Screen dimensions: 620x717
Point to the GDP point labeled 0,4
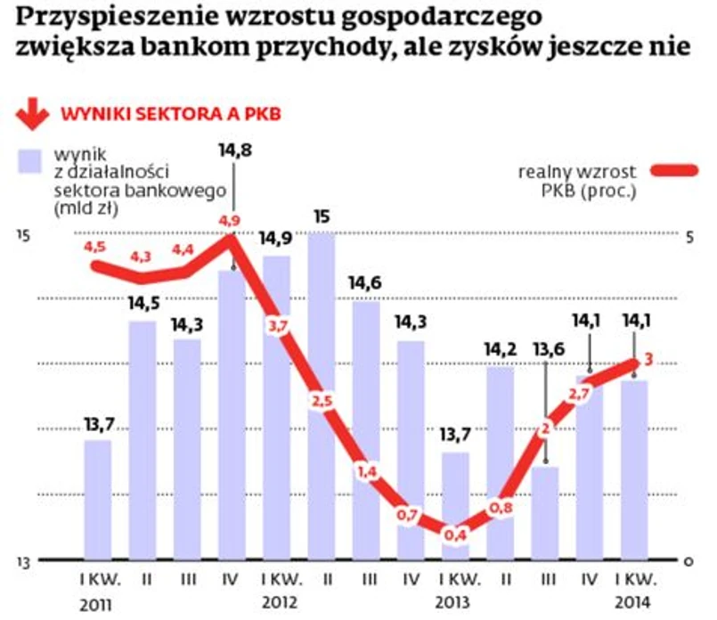455,534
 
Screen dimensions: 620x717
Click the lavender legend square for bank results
29,161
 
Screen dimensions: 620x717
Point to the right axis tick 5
688,235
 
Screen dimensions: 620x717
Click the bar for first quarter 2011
98,499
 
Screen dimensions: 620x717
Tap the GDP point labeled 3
649,359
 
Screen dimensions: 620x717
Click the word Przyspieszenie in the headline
102,18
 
